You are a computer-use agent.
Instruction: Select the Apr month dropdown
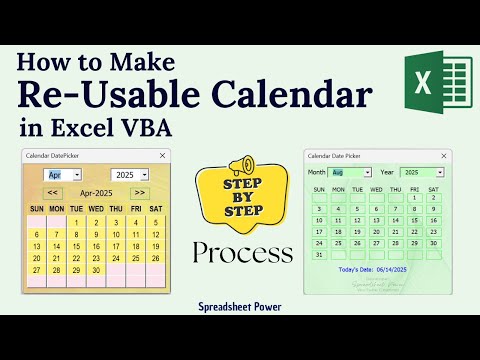click(61, 174)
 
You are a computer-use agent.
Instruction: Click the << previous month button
click(54, 192)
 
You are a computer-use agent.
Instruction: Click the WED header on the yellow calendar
click(97, 209)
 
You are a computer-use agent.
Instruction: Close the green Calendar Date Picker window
click(443, 156)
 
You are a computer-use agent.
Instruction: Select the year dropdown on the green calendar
click(421, 172)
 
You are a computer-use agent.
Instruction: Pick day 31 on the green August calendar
click(318, 255)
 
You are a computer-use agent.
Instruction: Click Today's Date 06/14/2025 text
click(377, 270)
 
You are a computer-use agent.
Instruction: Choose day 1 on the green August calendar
click(414, 197)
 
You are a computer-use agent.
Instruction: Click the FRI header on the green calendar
click(414, 188)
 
